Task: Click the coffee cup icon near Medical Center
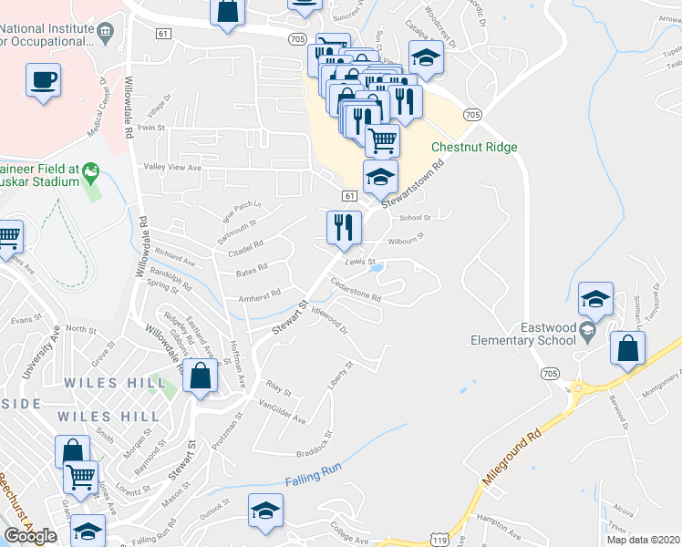(x=44, y=79)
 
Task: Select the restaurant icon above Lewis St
(x=344, y=227)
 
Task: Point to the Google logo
(x=30, y=536)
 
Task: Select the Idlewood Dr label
(x=330, y=323)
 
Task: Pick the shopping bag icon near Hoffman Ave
(x=200, y=376)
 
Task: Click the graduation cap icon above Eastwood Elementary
(x=594, y=298)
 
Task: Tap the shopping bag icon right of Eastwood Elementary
(x=628, y=347)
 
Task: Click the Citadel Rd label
(x=246, y=244)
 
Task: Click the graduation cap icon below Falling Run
(x=265, y=512)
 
